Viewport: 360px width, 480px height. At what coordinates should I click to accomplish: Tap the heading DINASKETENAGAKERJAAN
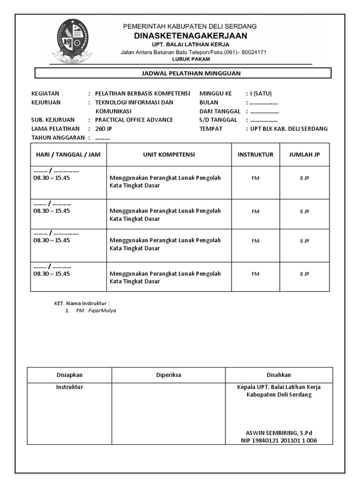tap(190, 36)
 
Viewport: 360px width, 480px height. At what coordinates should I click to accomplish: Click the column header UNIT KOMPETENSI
tap(169, 155)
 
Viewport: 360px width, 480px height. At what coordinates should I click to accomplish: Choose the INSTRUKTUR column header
tap(255, 155)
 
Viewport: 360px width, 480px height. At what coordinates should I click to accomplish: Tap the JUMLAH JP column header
tap(304, 155)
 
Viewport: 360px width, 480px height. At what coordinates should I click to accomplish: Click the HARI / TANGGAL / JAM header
tap(68, 155)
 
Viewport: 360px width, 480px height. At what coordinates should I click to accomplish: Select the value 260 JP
tap(104, 128)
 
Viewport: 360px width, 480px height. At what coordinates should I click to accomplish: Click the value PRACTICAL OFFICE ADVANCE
tap(134, 120)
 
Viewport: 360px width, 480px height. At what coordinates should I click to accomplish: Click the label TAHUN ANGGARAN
tap(58, 137)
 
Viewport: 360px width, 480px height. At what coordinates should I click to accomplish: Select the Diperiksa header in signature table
tap(168, 375)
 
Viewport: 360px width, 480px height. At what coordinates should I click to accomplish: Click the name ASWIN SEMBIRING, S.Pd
tap(279, 433)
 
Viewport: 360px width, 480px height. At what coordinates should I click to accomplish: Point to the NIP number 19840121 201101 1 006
tap(279, 441)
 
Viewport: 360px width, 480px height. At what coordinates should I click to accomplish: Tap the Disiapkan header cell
tap(69, 375)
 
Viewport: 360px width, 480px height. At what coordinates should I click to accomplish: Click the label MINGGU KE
tap(216, 93)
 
